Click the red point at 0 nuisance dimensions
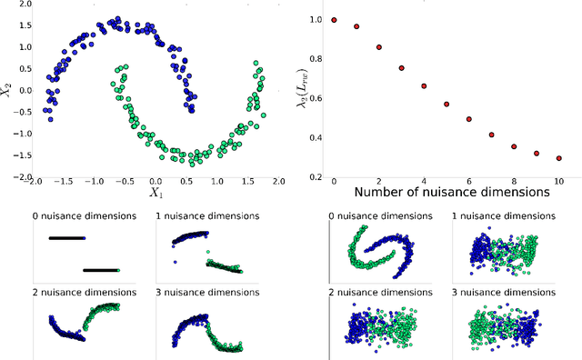tap(334, 19)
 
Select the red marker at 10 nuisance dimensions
tap(558, 158)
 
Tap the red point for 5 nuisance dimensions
tap(447, 105)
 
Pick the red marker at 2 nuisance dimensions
tap(378, 47)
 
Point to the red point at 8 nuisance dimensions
tap(514, 146)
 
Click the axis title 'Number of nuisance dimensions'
tap(451, 193)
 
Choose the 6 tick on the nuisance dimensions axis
tap(469, 183)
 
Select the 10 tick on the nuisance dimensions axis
tap(558, 183)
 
